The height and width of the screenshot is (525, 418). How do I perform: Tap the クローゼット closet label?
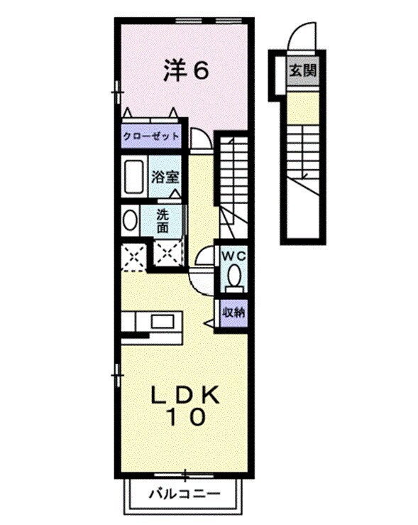pyautogui.click(x=150, y=136)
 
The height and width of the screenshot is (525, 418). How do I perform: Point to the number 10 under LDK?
pyautogui.click(x=187, y=417)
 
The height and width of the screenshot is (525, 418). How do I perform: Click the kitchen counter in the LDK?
pyautogui.click(x=151, y=321)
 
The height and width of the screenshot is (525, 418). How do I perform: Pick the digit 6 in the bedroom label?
pyautogui.click(x=201, y=72)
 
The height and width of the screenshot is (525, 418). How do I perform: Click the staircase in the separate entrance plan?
pyautogui.click(x=305, y=153)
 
